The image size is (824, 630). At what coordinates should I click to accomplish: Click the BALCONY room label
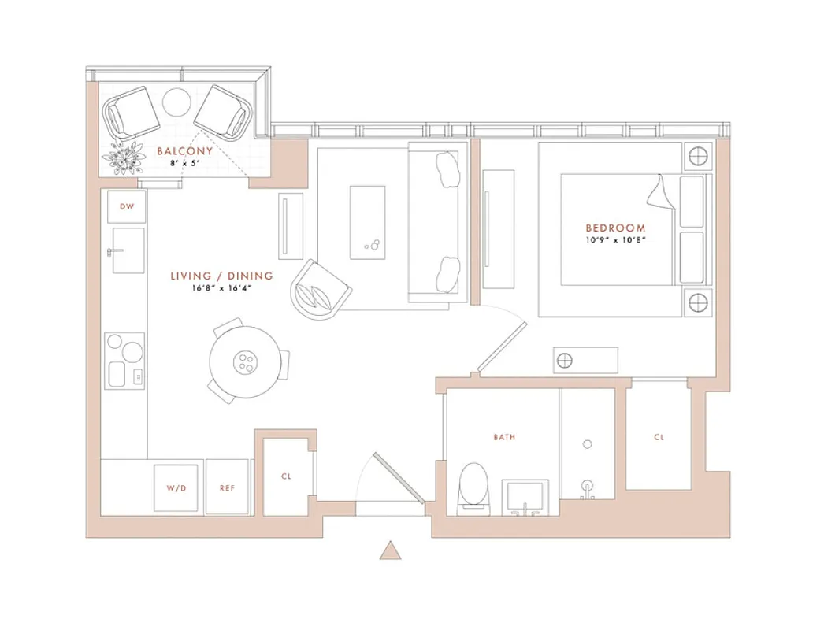coord(184,151)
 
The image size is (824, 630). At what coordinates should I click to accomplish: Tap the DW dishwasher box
coord(126,207)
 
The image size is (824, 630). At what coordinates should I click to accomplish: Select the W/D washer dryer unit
coord(176,488)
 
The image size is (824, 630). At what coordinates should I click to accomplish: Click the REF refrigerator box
coord(227,488)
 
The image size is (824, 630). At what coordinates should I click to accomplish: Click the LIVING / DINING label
coord(222,276)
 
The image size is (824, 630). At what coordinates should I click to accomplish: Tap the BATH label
coord(505,437)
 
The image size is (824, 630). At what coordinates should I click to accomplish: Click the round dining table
coord(245,361)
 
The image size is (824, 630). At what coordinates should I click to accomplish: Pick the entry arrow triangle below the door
coord(390,550)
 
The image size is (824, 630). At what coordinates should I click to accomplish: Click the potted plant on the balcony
coord(124,159)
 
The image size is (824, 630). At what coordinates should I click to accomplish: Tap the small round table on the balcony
coord(177,101)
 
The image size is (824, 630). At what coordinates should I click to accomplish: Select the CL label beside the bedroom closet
coord(659,438)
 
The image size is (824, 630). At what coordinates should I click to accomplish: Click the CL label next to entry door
coord(286,477)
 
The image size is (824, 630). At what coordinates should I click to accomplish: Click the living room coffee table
coord(368,222)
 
